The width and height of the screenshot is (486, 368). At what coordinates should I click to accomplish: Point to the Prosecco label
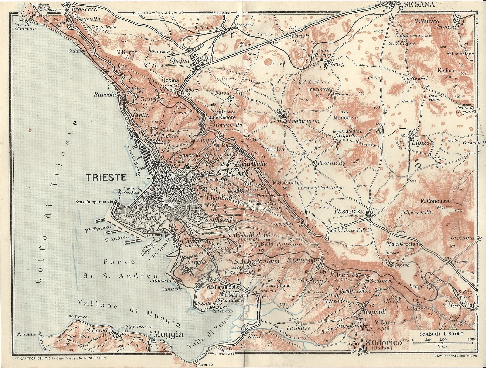coord(84,9)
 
